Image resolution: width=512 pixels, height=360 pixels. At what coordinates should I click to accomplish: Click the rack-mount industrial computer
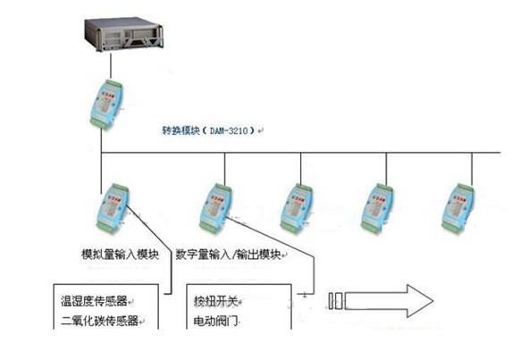point(123,34)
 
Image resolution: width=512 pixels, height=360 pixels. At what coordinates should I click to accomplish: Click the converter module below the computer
point(106,103)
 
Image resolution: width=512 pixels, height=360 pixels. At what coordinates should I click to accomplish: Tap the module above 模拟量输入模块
point(113,208)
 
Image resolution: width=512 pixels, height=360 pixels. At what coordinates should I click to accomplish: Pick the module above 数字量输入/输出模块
point(215,208)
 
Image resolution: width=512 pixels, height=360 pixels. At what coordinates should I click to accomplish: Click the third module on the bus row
point(296,208)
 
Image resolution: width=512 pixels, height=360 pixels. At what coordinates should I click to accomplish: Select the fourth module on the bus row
point(376,208)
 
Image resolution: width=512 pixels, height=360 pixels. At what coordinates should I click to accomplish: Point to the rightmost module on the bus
point(457,208)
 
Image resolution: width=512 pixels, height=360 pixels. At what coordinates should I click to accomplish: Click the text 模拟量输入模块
point(120,255)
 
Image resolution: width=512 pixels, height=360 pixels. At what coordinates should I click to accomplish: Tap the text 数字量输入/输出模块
point(228,255)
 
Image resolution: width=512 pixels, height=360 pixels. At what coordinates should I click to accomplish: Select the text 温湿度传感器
point(94,301)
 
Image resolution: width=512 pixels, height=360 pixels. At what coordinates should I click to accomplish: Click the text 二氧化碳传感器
point(99,321)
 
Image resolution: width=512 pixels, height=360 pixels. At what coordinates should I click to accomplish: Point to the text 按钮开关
point(215,301)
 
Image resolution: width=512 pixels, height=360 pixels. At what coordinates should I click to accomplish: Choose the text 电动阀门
point(215,322)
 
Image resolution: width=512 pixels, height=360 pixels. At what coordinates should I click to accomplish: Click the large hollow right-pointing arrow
point(389,301)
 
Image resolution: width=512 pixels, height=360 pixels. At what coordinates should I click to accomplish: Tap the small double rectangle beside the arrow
point(335,301)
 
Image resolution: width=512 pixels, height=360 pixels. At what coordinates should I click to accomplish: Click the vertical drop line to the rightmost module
point(472,170)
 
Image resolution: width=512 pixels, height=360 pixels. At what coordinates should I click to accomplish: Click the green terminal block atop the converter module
point(113,84)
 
